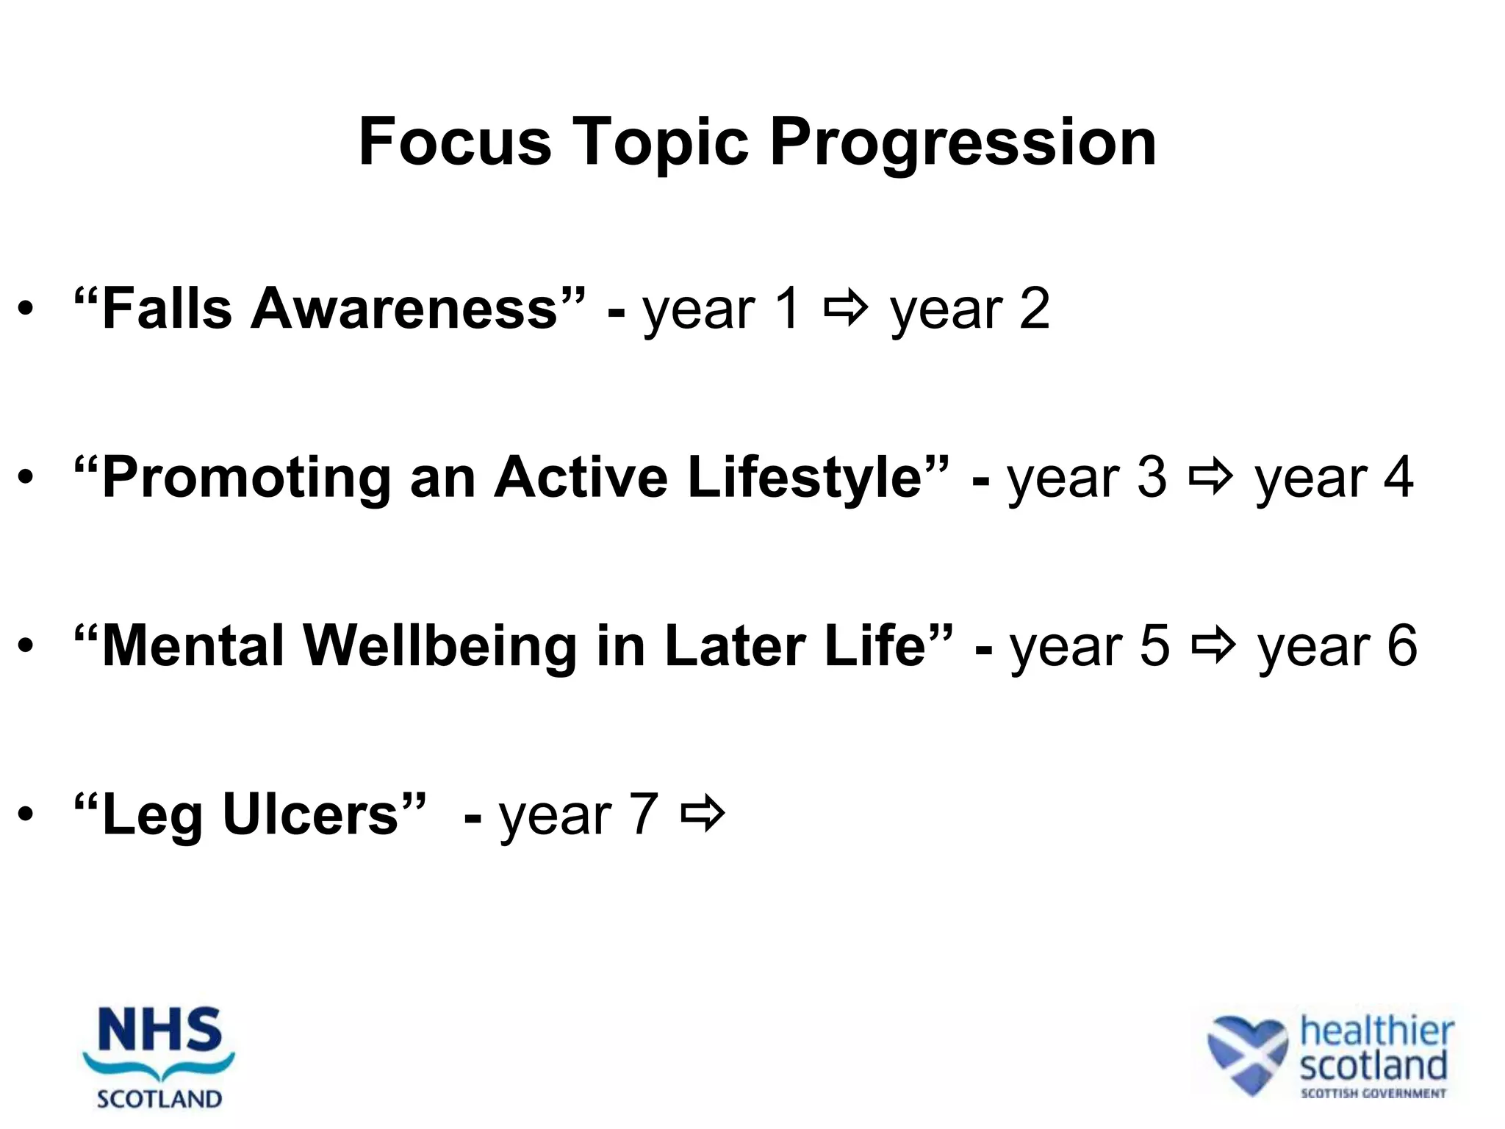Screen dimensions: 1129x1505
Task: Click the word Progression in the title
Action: click(963, 143)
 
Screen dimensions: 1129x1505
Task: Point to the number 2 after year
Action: click(1034, 309)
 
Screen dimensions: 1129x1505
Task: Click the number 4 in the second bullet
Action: click(1398, 478)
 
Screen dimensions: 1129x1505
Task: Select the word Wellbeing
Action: click(439, 647)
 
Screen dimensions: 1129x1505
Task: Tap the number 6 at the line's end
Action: click(1401, 647)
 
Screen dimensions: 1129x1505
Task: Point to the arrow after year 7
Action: click(703, 814)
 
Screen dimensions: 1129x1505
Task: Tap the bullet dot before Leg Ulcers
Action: click(26, 816)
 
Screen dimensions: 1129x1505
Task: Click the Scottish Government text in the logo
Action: click(1373, 1093)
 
